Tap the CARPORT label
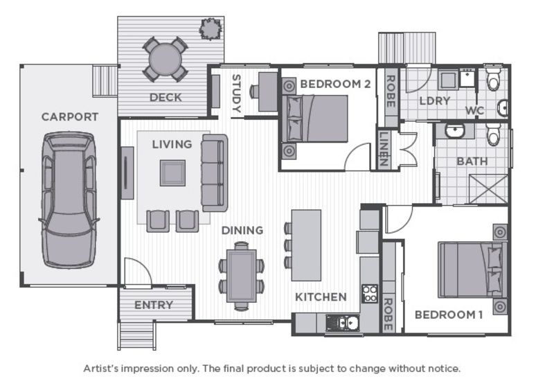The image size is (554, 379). [x=69, y=117]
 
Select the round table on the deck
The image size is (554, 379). [x=165, y=59]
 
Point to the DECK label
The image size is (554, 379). [x=166, y=98]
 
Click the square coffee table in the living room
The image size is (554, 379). [x=172, y=173]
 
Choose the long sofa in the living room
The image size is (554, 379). [x=214, y=173]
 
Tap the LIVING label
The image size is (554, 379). [x=172, y=144]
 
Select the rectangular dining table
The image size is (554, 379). [x=241, y=274]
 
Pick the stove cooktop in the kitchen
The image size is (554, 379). [x=369, y=294]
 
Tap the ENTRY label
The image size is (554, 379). [x=154, y=306]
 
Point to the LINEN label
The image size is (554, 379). [x=383, y=150]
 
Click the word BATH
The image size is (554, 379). [x=472, y=161]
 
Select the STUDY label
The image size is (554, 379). [x=235, y=94]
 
